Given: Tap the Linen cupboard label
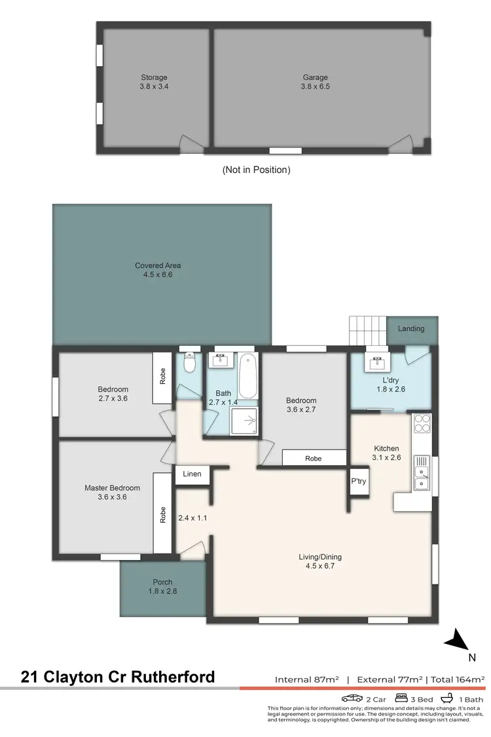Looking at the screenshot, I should coord(192,474).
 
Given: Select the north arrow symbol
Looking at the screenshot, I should coord(457,639).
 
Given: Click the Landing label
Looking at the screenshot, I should coord(411,329).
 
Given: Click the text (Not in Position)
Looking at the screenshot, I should coord(256,170).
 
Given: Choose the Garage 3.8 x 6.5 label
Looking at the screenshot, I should coord(315,81).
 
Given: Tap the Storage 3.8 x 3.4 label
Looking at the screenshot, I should coord(154,81).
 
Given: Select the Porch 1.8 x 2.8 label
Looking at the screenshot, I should coord(163,586).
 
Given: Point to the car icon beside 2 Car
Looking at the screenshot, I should coord(352,698).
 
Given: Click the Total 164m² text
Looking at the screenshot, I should coord(456,679).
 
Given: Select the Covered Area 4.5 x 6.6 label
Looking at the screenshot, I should coord(158,270).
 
